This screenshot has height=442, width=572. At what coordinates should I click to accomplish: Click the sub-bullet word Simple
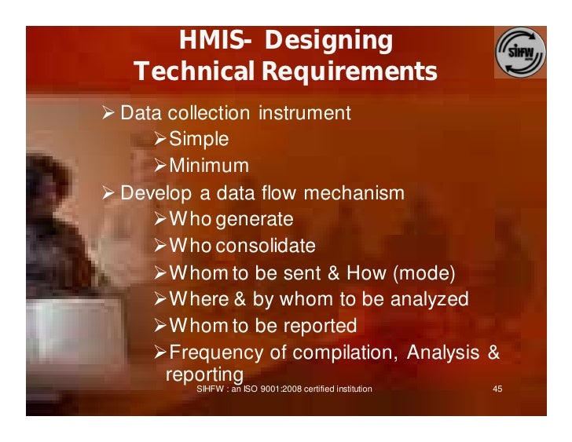(200, 140)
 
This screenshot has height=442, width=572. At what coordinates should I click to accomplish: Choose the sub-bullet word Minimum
(209, 166)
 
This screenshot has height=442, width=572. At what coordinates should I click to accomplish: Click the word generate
(255, 219)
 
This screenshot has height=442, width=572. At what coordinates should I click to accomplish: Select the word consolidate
(266, 246)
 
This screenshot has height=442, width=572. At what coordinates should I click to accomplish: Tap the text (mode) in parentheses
(423, 272)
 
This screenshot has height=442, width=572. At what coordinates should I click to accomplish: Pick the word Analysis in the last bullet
(442, 352)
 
